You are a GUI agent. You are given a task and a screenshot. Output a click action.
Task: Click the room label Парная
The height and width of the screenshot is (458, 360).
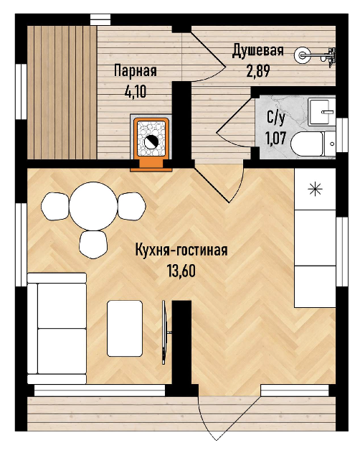click(136, 71)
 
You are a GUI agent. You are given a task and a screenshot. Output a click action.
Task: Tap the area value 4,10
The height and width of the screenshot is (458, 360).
click(136, 92)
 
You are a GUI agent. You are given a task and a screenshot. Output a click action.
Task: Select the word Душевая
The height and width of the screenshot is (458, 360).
click(258, 51)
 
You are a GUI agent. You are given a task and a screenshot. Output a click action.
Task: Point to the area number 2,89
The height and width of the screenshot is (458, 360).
click(258, 71)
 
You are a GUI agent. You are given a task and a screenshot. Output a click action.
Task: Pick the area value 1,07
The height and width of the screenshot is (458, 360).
click(275, 138)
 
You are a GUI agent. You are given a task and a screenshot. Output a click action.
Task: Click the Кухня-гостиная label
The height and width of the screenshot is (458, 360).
click(181, 251)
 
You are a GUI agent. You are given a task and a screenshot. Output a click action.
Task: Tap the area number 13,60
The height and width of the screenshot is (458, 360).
click(181, 271)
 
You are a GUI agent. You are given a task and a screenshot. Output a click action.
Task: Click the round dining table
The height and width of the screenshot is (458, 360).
click(93, 206)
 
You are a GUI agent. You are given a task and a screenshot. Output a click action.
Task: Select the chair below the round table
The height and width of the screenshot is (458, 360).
click(93, 244)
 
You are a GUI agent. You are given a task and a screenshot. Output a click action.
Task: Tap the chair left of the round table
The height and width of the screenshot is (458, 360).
click(55, 206)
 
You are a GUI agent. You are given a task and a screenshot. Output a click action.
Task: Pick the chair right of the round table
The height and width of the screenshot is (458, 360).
click(131, 206)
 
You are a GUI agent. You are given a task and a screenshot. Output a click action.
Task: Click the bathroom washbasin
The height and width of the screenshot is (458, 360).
click(321, 112)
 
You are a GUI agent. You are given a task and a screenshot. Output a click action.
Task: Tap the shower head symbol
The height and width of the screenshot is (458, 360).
click(301, 55)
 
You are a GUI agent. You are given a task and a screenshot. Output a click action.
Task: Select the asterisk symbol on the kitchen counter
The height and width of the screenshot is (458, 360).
click(315, 190)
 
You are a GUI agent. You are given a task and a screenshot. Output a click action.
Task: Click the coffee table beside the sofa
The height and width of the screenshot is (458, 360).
click(125, 328)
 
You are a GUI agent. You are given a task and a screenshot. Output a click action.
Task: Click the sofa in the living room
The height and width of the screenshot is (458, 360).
click(57, 328)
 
